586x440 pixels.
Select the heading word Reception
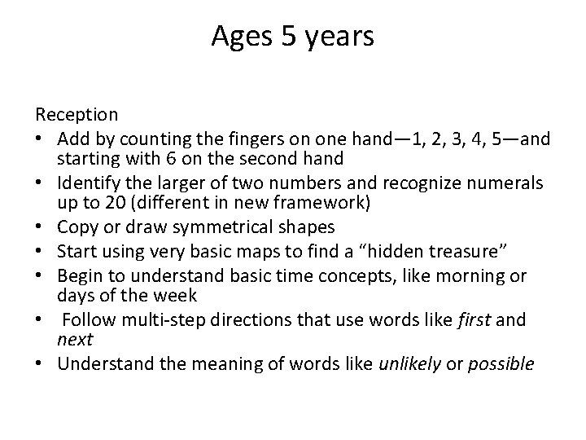click(x=77, y=115)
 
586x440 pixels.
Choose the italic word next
click(x=75, y=339)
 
